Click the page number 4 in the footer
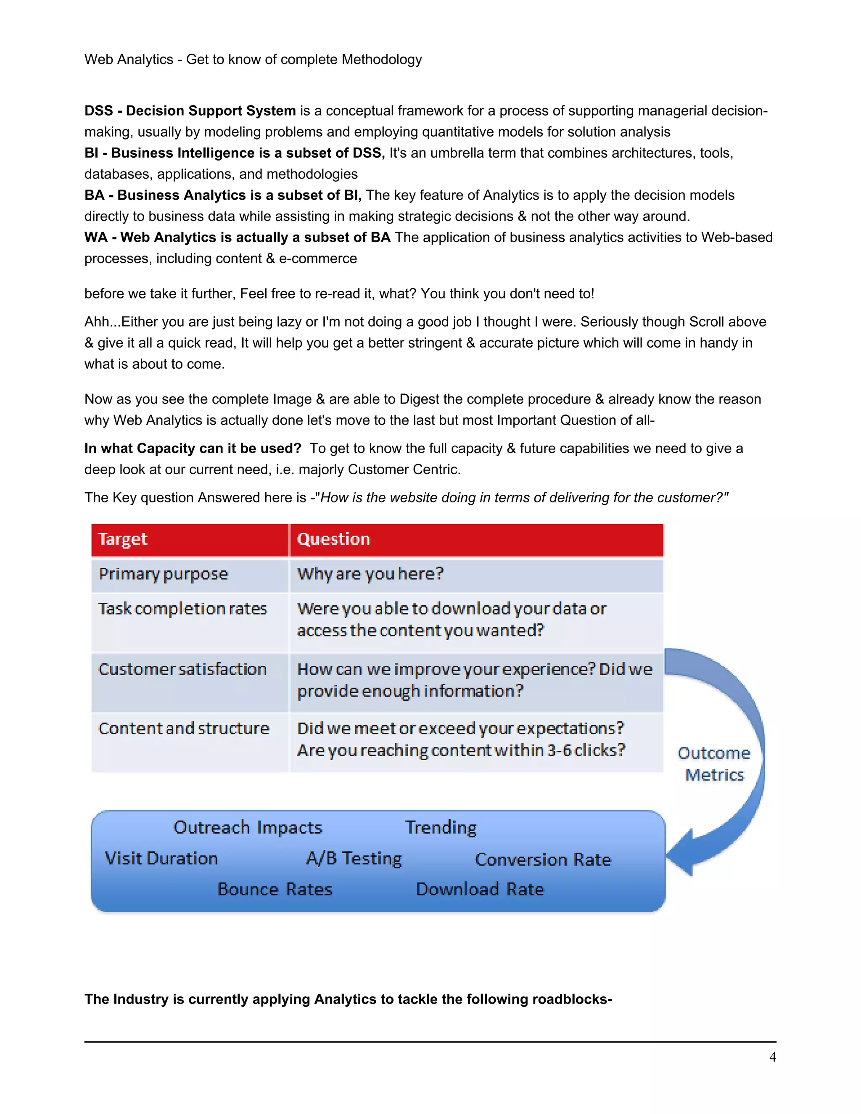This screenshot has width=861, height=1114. (x=772, y=1057)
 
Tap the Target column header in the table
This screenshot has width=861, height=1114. (x=123, y=539)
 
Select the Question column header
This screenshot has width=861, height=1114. (x=333, y=539)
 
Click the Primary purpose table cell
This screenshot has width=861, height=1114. (x=163, y=574)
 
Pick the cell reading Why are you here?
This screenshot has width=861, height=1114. (x=370, y=574)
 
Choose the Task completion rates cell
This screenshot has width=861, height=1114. (x=182, y=609)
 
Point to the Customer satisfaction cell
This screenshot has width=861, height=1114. (x=182, y=669)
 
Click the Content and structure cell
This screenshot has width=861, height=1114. (x=184, y=729)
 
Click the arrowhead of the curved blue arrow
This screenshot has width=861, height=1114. (x=681, y=852)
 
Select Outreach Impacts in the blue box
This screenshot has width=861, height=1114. (x=248, y=827)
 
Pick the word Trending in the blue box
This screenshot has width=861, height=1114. (x=441, y=827)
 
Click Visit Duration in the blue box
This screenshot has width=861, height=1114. (x=161, y=858)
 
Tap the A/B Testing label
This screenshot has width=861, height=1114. (x=354, y=858)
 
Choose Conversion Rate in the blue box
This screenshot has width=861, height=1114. (x=543, y=860)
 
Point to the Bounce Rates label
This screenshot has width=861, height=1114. (x=275, y=890)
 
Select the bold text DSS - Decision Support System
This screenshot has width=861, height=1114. (x=190, y=111)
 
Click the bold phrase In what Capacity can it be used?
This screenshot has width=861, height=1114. (x=193, y=449)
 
